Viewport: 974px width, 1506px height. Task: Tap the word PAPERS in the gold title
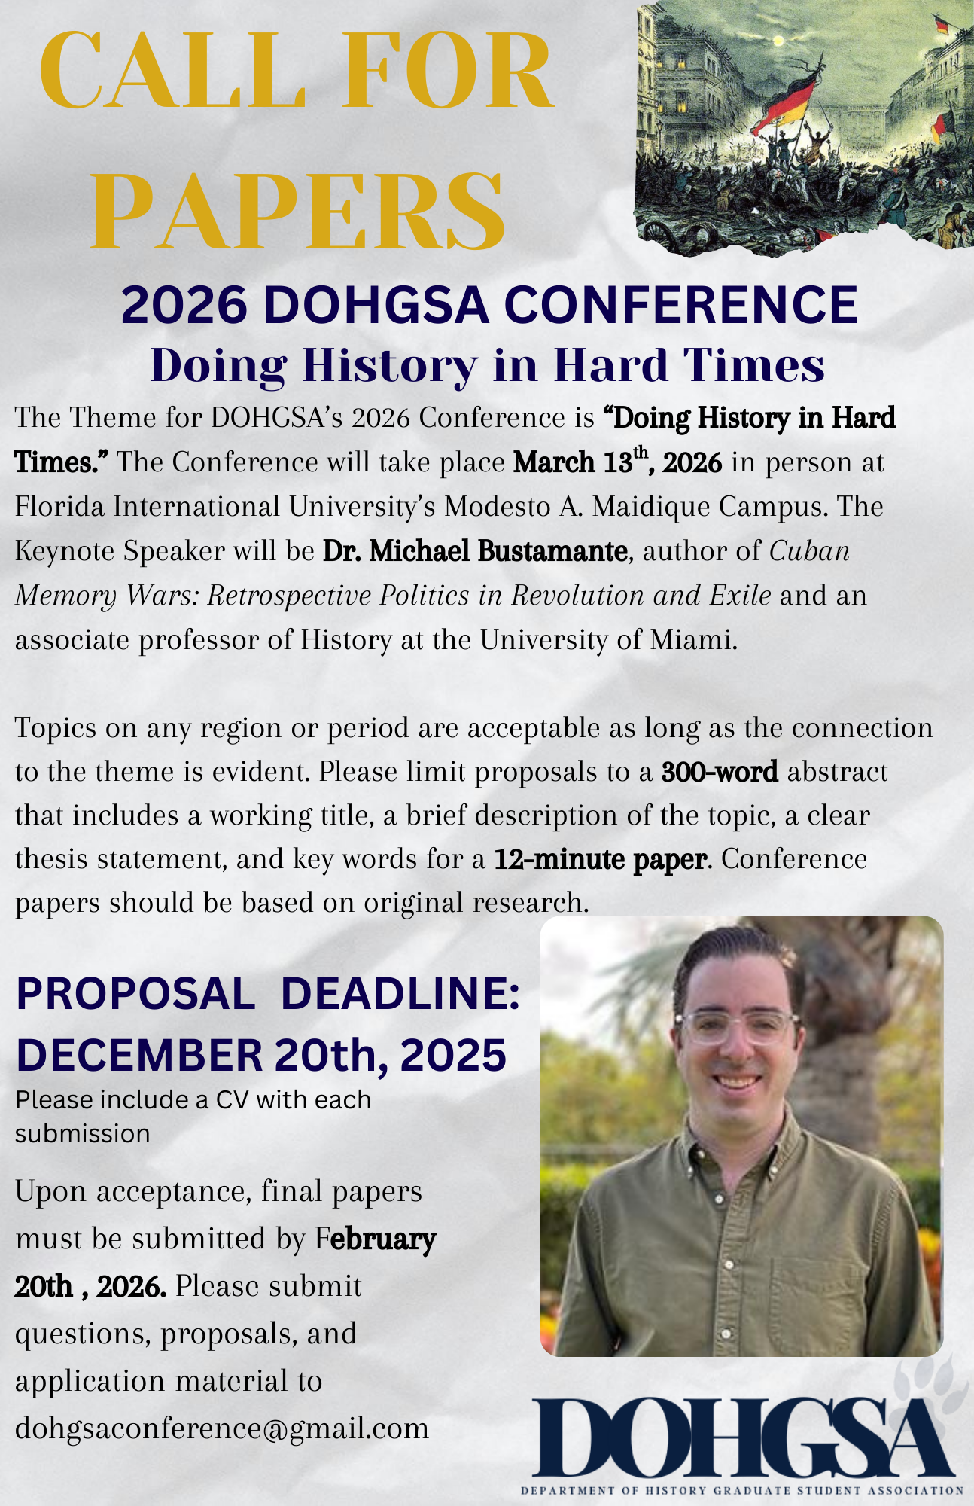click(x=297, y=213)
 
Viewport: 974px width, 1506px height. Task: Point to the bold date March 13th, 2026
click(x=617, y=462)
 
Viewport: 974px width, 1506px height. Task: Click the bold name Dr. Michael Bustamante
click(x=475, y=551)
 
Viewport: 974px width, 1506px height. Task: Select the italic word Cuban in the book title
click(x=809, y=551)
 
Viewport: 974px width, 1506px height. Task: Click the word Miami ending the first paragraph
click(x=695, y=640)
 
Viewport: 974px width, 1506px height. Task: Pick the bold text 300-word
click(x=720, y=773)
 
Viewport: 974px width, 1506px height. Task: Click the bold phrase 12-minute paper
click(x=601, y=859)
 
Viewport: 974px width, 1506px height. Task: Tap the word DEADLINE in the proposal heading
click(x=400, y=994)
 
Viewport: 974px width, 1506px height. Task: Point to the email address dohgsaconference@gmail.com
click(x=222, y=1428)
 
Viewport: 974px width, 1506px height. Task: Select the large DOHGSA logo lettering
click(x=741, y=1439)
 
